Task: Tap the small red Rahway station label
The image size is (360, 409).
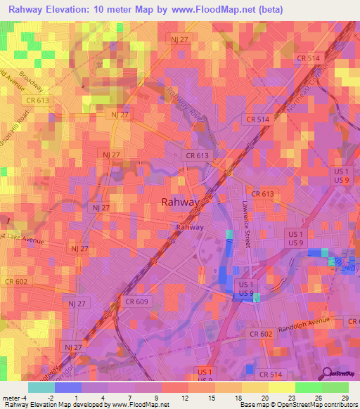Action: [190, 227]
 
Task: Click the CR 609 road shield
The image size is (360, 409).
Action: [136, 301]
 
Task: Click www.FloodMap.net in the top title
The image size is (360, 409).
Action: [222, 9]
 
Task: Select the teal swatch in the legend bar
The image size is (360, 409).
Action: [41, 387]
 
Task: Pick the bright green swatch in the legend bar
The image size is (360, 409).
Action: [309, 387]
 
